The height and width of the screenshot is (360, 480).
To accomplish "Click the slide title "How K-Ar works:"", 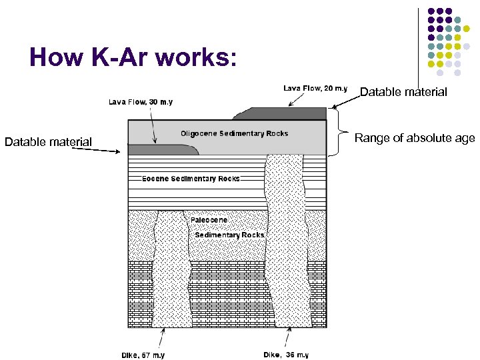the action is (133, 58).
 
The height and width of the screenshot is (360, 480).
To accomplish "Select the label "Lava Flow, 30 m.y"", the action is (141, 102).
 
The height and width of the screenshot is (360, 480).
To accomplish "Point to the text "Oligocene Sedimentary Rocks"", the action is (234, 133).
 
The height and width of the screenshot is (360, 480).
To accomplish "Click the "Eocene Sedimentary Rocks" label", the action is (191, 179).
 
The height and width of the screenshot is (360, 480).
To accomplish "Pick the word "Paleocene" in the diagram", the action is (209, 220).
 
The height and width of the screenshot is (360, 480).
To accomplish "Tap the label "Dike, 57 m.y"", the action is (143, 355).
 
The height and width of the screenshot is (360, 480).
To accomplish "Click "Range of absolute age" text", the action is (414, 139).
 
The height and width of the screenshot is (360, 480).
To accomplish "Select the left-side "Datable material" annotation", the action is (48, 141).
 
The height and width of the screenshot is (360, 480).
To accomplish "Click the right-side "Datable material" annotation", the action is (403, 92).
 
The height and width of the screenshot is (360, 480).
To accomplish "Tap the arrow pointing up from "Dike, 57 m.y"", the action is (163, 336).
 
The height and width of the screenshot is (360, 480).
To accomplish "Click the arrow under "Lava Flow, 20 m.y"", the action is (293, 100).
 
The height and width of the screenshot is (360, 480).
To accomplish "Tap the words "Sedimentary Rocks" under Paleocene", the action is (229, 235).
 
